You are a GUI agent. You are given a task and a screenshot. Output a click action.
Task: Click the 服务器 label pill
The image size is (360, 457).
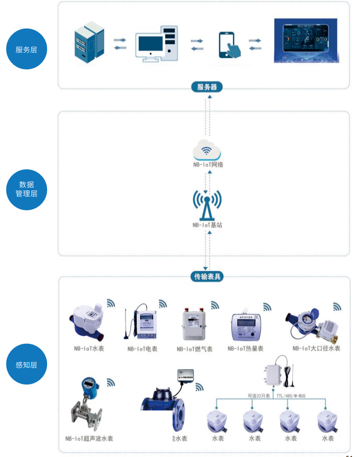coord(206,87)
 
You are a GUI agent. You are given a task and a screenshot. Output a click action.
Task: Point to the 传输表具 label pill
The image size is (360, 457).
coord(206,276)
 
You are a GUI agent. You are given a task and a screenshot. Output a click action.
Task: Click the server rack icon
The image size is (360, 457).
coord(88,42)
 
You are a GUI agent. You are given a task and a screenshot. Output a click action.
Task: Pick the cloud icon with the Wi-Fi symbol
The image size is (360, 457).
coord(208,150)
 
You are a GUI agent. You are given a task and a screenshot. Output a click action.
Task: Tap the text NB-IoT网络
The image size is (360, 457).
coord(208,164)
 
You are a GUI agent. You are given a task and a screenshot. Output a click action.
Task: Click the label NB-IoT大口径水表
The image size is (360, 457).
coord(316,348)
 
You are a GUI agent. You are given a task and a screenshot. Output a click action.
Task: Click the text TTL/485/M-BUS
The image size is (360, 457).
coord(292,395)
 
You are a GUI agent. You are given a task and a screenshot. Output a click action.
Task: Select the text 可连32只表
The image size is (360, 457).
coord(258,395)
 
